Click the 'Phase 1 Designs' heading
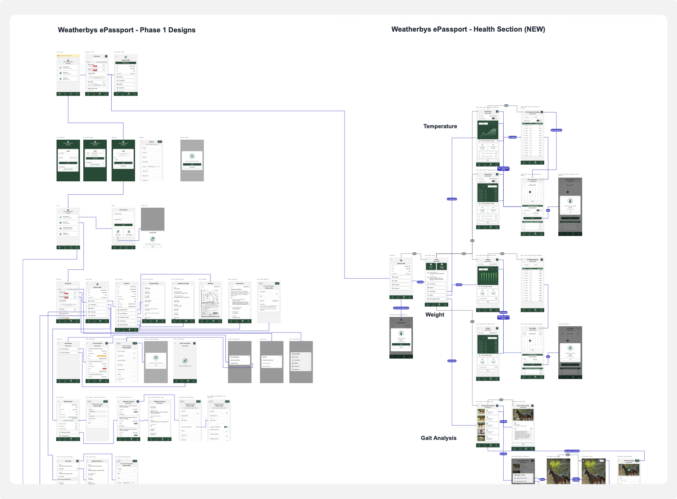pyautogui.click(x=126, y=30)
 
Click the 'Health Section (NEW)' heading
pyautogui.click(x=468, y=29)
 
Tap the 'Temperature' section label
pyautogui.click(x=440, y=126)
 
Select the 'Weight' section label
pyautogui.click(x=434, y=315)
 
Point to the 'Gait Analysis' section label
pyautogui.click(x=438, y=438)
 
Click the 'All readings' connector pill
pyautogui.click(x=512, y=137)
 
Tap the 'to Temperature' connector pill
pyautogui.click(x=452, y=199)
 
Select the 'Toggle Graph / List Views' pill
pyautogui.click(x=503, y=317)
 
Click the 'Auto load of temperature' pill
pyautogui.click(x=401, y=308)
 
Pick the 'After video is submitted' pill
pyautogui.click(x=572, y=451)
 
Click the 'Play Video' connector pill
pyautogui.click(x=503, y=422)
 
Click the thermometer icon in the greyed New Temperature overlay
pyautogui.click(x=570, y=201)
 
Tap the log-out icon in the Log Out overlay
pyautogui.click(x=192, y=156)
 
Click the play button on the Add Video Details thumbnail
pyautogui.click(x=629, y=470)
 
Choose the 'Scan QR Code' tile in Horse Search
pyautogui.click(x=129, y=232)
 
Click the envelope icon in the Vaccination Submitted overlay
pyautogui.click(x=156, y=358)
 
